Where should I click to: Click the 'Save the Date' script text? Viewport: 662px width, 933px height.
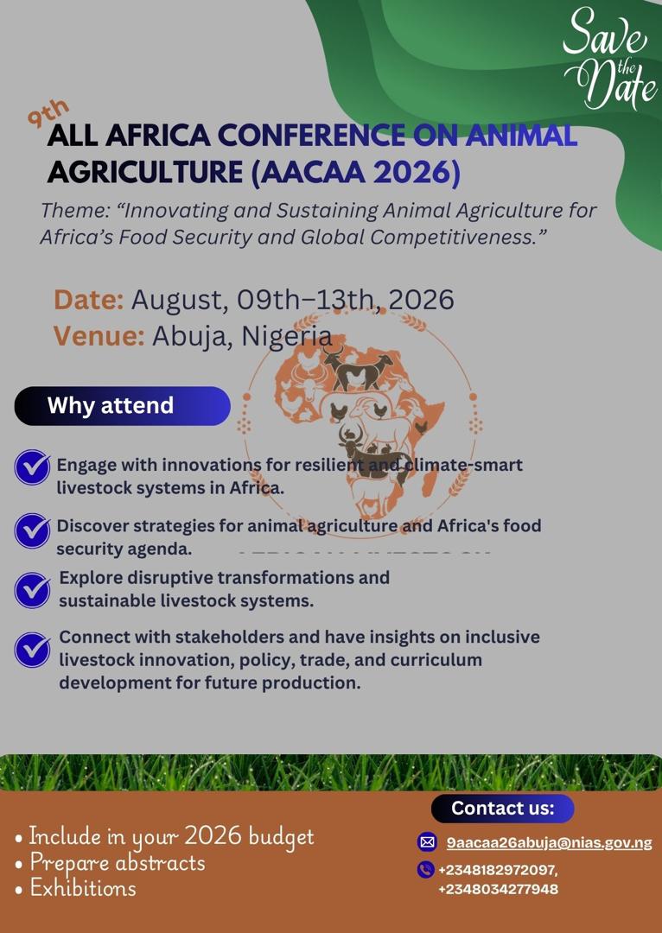click(x=609, y=60)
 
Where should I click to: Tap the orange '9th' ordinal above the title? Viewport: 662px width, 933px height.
click(x=48, y=113)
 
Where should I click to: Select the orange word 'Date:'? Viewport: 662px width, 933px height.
click(x=89, y=299)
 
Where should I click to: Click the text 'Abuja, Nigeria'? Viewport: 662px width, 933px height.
click(x=242, y=337)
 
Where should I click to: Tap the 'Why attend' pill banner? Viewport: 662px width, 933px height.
click(x=122, y=406)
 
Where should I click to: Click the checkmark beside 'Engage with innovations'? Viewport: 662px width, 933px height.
click(x=32, y=467)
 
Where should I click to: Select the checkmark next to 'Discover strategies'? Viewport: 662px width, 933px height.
click(x=32, y=530)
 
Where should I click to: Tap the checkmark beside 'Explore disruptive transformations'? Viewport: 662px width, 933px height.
click(x=32, y=590)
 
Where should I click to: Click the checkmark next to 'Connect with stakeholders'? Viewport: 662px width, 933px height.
click(x=32, y=650)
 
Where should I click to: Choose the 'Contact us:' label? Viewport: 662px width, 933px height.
click(x=502, y=808)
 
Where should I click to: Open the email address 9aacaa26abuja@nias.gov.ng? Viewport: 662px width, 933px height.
click(x=549, y=843)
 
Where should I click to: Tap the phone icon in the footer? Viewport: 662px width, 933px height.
click(x=426, y=870)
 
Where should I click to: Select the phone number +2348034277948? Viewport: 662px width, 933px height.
click(x=499, y=890)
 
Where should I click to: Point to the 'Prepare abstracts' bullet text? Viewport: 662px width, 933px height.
click(x=118, y=863)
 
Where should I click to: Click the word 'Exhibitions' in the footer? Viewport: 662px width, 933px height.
click(x=83, y=888)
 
